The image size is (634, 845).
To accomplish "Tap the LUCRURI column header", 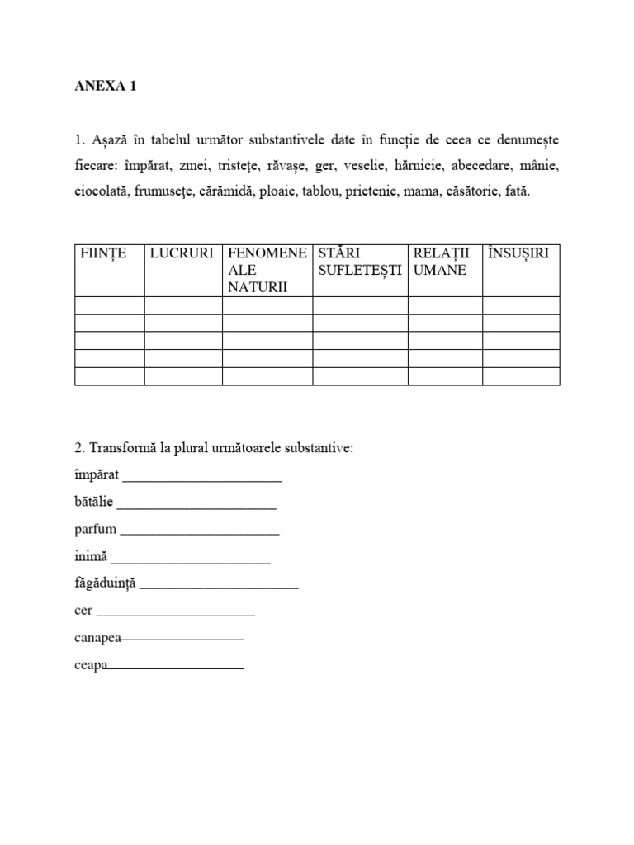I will [x=182, y=253].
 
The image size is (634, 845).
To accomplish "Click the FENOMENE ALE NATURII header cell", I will [x=267, y=270].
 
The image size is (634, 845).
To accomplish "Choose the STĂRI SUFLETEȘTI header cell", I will [x=360, y=262].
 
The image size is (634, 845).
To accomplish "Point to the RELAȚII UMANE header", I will [x=445, y=262].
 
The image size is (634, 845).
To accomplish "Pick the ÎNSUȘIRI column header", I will [x=518, y=253].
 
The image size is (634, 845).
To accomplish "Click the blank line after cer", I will [x=176, y=614].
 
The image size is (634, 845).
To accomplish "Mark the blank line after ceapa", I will [x=176, y=667].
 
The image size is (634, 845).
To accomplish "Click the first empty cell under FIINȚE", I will [x=110, y=305].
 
